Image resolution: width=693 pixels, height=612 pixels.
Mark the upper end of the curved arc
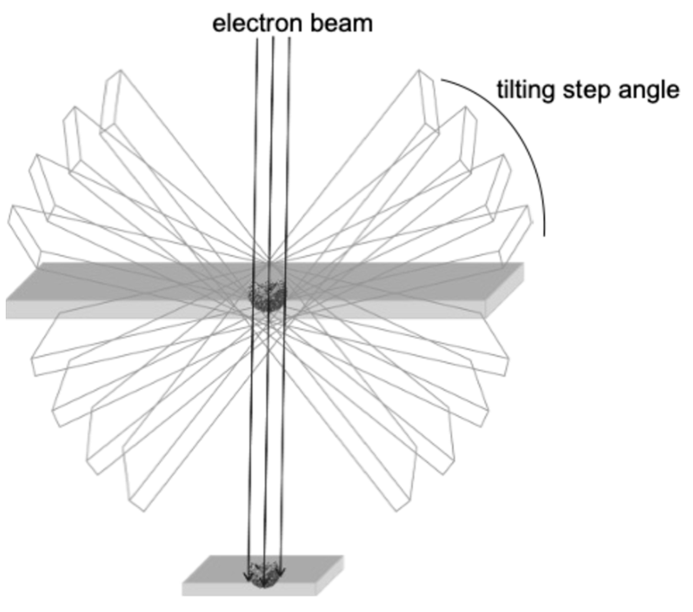pyautogui.click(x=442, y=80)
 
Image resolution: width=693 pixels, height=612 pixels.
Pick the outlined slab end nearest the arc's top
pyautogui.click(x=428, y=102)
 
